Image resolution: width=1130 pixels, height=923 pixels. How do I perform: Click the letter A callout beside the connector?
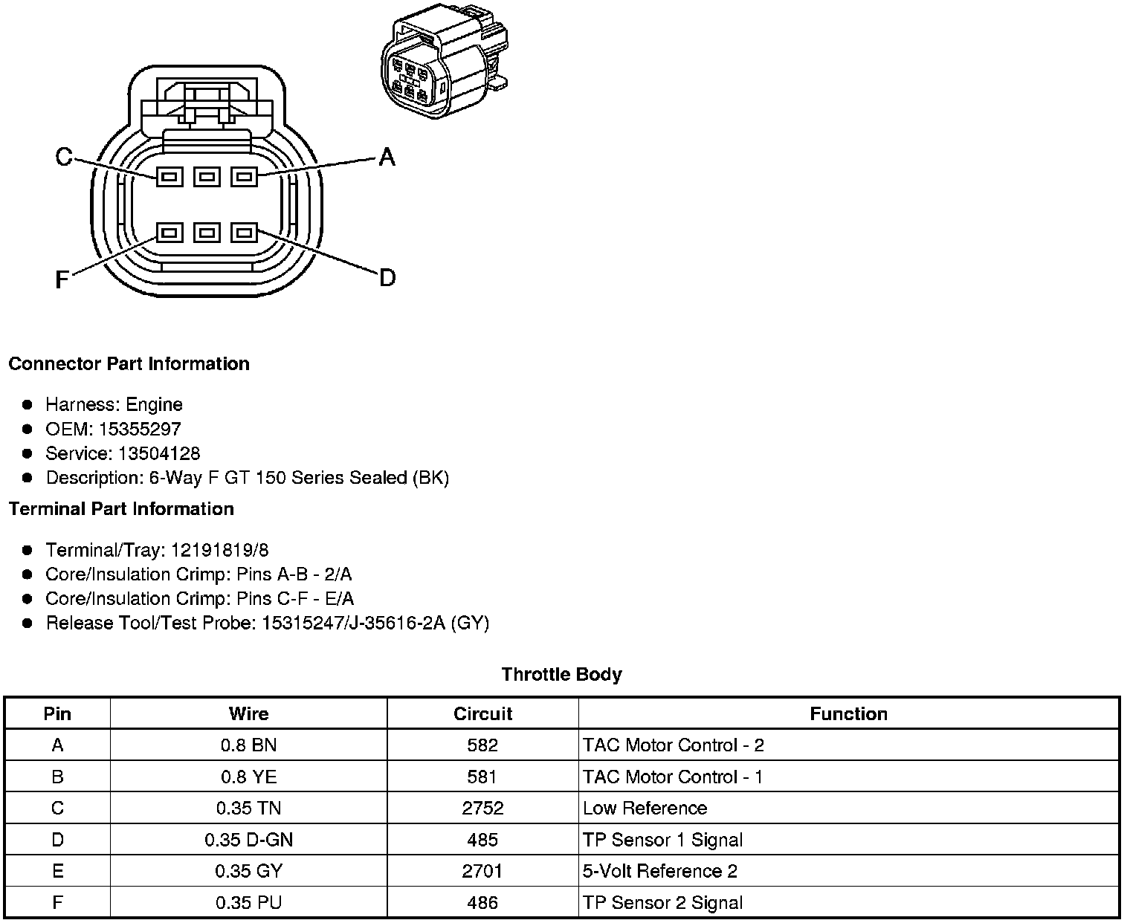(x=387, y=157)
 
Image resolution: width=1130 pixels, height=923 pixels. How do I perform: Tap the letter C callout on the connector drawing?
(x=65, y=157)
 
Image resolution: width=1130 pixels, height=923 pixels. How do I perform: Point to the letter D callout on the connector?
(x=387, y=278)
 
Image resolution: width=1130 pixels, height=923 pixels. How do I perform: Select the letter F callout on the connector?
(x=62, y=279)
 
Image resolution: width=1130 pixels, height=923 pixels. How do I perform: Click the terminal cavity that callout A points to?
(x=244, y=176)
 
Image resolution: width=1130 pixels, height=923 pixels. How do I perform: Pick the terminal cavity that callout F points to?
(x=169, y=233)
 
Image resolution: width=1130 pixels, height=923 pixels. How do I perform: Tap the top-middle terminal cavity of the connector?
(x=207, y=176)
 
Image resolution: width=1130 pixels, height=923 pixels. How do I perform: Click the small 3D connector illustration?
(x=445, y=64)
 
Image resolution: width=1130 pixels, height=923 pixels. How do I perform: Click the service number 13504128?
(x=159, y=453)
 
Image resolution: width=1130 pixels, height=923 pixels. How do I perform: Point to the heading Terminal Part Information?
(x=121, y=509)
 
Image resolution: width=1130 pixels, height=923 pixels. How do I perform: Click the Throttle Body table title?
(x=561, y=675)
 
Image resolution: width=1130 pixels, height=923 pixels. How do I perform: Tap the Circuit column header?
(x=482, y=714)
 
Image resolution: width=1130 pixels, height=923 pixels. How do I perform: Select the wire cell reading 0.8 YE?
(x=248, y=777)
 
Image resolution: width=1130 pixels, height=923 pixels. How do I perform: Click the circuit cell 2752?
(x=482, y=808)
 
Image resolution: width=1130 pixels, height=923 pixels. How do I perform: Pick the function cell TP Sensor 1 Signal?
(x=662, y=840)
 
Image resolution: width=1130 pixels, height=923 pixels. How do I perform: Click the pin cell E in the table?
(x=57, y=871)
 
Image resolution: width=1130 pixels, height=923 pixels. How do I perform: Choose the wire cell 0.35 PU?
(x=248, y=903)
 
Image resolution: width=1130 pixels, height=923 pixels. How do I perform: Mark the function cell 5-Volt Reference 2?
(x=659, y=871)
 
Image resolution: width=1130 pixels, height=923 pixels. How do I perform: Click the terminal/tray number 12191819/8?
(x=219, y=550)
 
